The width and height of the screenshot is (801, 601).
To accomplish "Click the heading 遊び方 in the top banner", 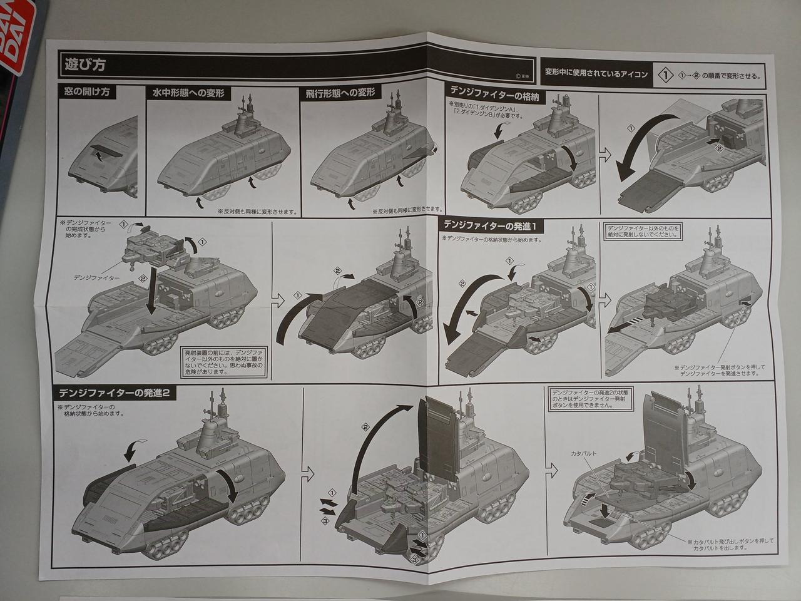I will [84, 63].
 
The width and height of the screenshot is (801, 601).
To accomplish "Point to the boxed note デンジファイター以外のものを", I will [642, 231].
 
